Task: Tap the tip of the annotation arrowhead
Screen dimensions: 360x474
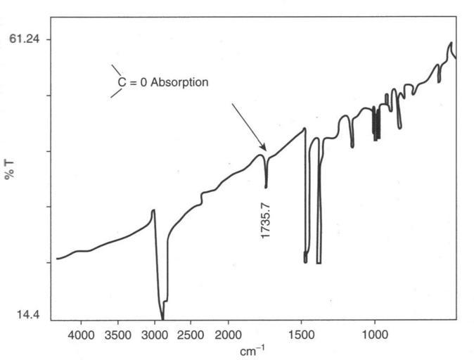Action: (x=266, y=149)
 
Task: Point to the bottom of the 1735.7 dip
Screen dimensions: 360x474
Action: (x=266, y=186)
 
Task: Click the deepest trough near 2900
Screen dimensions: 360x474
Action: (x=162, y=319)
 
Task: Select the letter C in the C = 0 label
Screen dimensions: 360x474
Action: (x=120, y=82)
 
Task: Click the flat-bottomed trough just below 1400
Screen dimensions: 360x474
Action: (x=319, y=262)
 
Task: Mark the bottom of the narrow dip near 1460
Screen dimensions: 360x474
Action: (x=305, y=262)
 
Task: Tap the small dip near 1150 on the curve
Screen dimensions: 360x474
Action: (x=352, y=146)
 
